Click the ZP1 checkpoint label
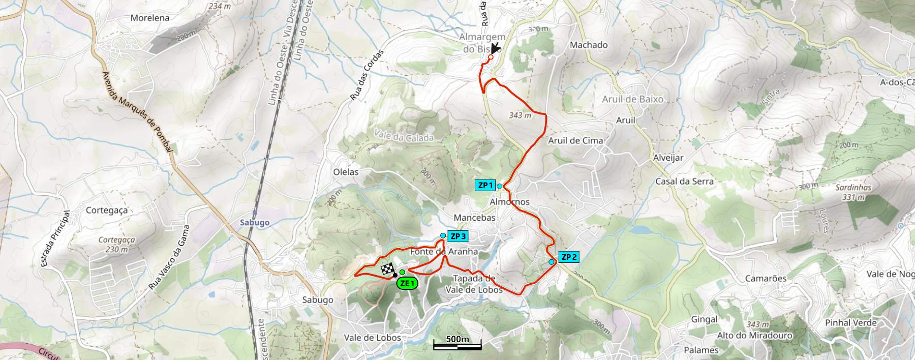(x=485, y=185)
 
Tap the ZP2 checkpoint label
(x=568, y=257)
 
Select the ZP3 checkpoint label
(x=457, y=236)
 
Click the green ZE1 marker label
(x=407, y=284)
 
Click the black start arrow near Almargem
(x=495, y=49)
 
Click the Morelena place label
(x=150, y=18)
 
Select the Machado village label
(x=589, y=45)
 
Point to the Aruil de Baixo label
(x=632, y=99)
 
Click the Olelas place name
(x=346, y=172)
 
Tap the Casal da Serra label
(x=684, y=182)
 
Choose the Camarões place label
(x=766, y=278)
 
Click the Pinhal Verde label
(x=851, y=323)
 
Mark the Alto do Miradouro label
(x=754, y=336)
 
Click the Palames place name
(x=701, y=350)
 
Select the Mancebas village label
(x=474, y=218)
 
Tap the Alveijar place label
(x=668, y=158)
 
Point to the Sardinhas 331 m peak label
(x=853, y=192)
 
